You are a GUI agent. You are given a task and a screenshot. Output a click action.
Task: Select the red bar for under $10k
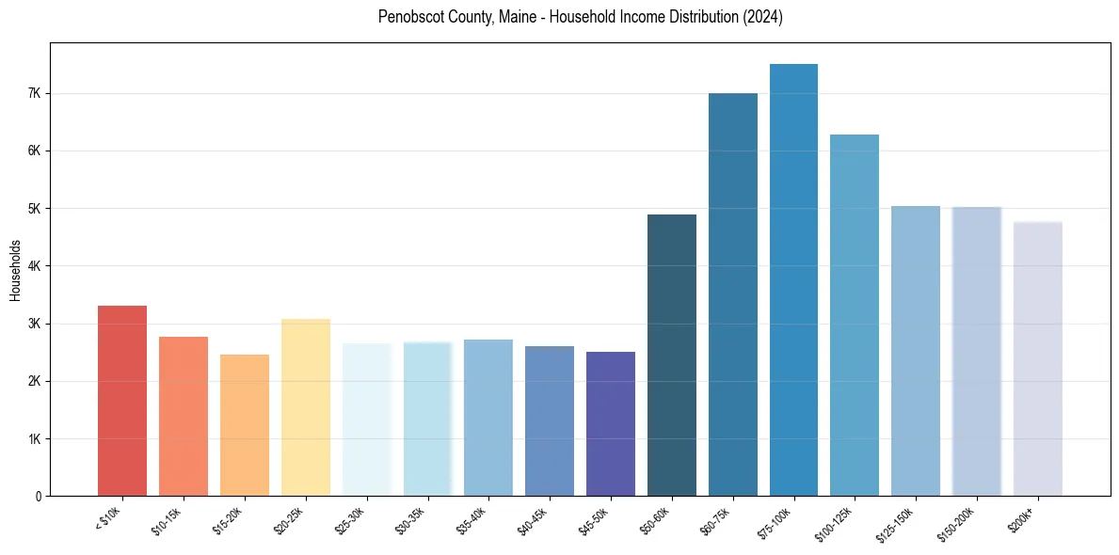122,401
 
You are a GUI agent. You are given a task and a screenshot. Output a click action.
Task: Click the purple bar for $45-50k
611,424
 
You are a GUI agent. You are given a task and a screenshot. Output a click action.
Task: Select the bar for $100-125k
855,315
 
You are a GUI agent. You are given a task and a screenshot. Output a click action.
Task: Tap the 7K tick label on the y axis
35,93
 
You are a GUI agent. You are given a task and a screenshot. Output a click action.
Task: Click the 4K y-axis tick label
35,266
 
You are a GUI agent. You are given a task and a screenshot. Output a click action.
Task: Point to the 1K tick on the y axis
35,438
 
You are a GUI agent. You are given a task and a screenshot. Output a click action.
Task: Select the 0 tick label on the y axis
39,496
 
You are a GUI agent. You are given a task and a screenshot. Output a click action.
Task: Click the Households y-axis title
15,270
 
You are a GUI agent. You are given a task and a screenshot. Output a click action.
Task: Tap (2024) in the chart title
762,17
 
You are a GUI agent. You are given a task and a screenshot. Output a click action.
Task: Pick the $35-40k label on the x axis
473,520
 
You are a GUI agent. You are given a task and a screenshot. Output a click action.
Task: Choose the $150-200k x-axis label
958,523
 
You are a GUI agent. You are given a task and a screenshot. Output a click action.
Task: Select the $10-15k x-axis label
168,520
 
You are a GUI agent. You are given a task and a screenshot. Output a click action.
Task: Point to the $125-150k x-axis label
897,523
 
